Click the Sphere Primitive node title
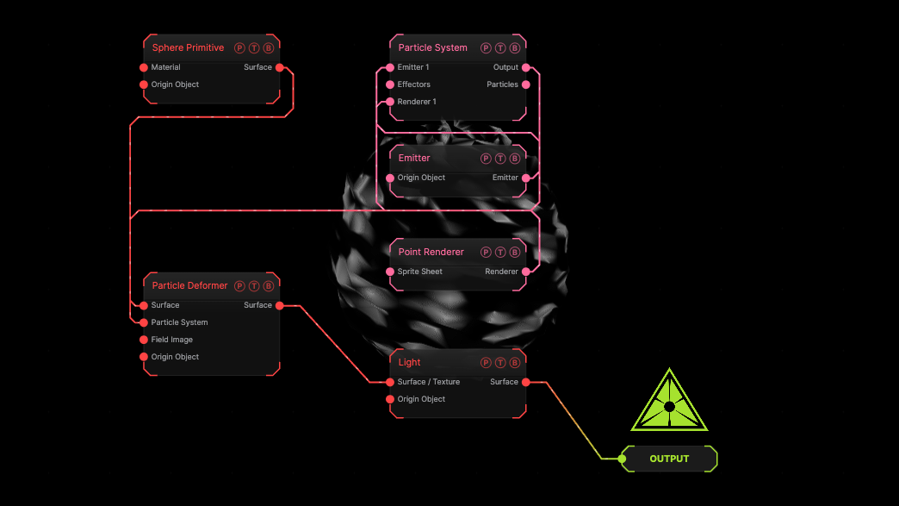tap(188, 47)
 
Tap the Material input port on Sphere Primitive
tap(144, 68)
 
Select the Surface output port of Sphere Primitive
tap(280, 68)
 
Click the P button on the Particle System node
tap(487, 48)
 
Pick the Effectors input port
tap(390, 84)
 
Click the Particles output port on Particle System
tap(526, 84)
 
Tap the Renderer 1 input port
tap(390, 102)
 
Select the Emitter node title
tap(414, 158)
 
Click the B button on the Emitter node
tap(515, 159)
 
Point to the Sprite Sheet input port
tap(390, 272)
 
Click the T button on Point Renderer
tap(500, 253)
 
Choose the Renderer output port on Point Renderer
tap(526, 272)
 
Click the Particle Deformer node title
tap(189, 285)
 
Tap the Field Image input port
tap(144, 340)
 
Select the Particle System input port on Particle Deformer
tap(144, 323)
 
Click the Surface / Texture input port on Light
tap(390, 382)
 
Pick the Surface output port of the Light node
tap(526, 382)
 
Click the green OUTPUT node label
tap(669, 459)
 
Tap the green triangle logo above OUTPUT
tap(670, 401)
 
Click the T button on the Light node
tap(500, 363)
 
